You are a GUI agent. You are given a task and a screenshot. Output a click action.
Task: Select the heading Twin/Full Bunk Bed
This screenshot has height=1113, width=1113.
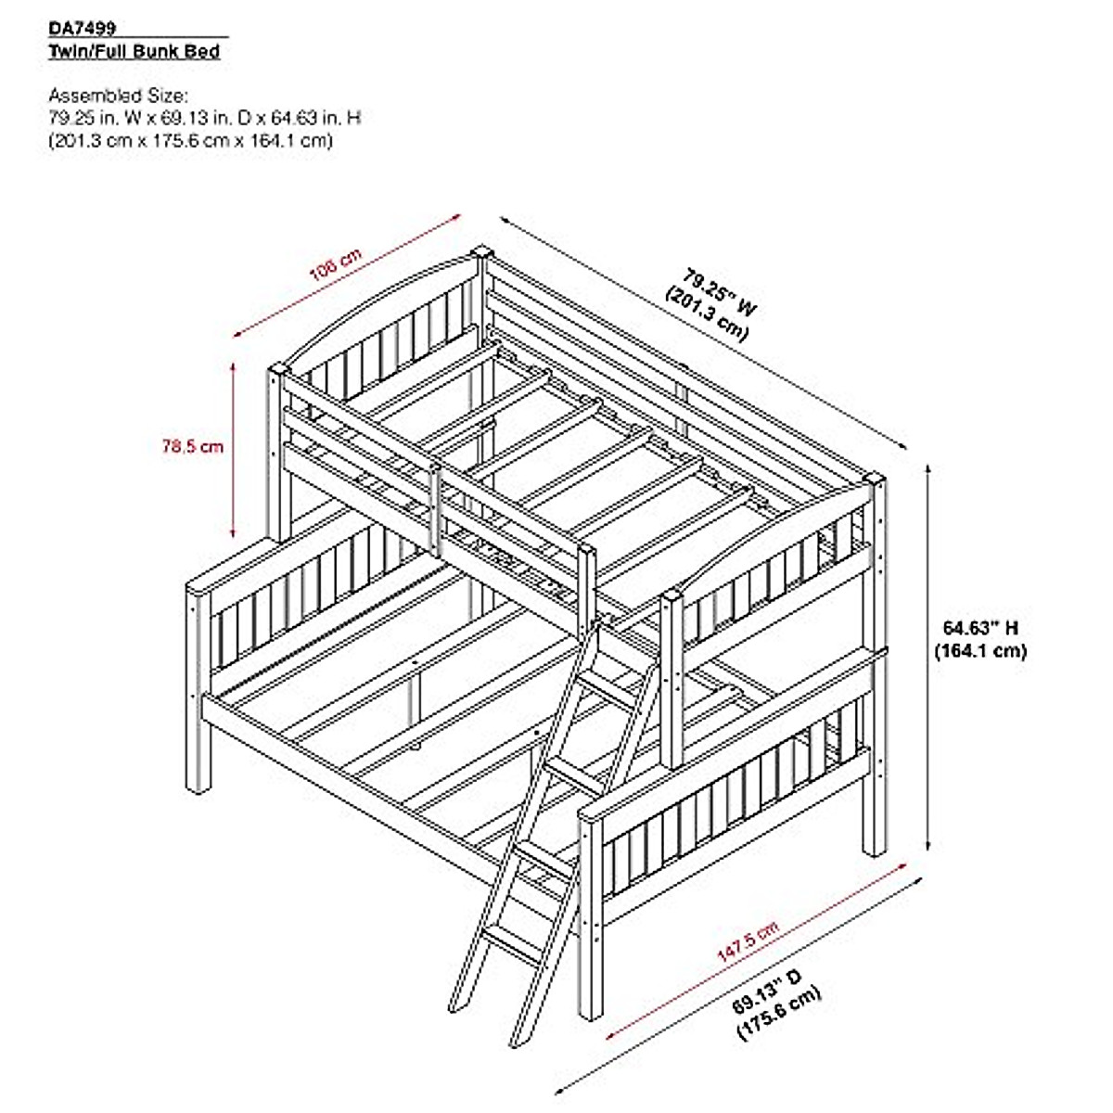point(134,51)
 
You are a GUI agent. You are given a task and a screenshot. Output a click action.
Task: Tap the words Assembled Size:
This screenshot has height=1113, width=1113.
point(119,95)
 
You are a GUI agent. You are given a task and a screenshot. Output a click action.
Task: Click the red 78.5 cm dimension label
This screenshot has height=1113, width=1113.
point(193,446)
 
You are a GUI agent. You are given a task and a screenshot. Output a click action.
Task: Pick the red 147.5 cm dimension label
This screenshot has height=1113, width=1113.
point(748,940)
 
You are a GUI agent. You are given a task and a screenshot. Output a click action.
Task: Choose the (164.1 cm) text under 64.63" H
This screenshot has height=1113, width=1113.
point(980,651)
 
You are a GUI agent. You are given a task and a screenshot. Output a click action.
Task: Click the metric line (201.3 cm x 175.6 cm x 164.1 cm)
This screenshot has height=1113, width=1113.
point(190,141)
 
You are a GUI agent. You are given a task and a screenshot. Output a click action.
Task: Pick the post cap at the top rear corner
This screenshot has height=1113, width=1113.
point(481,251)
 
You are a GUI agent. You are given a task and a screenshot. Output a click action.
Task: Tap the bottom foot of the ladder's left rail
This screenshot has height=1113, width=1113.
point(455,1007)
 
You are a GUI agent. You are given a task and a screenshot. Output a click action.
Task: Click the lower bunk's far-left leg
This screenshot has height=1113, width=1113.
point(198,761)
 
